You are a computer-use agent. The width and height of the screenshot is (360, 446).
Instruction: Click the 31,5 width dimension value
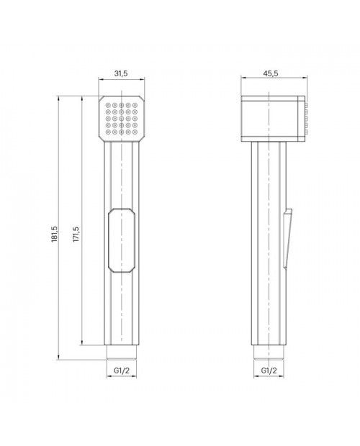click(x=121, y=73)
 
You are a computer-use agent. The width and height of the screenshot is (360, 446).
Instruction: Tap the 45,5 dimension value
click(x=270, y=73)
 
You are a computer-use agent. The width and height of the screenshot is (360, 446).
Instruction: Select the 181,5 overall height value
click(x=55, y=234)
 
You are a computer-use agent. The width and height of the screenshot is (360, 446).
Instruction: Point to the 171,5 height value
click(x=76, y=234)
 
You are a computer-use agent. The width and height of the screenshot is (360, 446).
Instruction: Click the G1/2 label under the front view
click(x=122, y=370)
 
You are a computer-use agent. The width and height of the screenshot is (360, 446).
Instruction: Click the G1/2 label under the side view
click(x=269, y=370)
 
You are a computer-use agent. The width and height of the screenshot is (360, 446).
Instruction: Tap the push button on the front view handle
click(x=121, y=241)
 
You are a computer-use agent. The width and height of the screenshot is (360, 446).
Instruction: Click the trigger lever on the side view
click(x=288, y=239)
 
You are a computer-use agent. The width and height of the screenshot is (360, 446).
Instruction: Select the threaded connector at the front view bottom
click(x=122, y=352)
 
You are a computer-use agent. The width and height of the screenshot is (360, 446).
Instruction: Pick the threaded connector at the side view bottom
click(x=269, y=352)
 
